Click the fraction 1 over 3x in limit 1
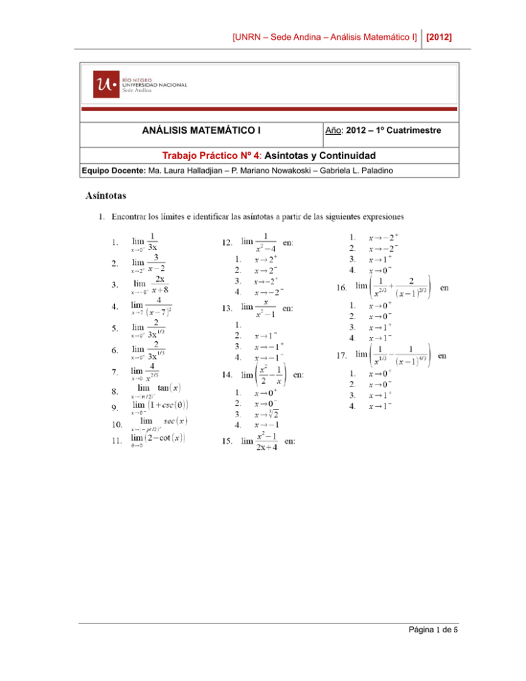coord(154,242)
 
